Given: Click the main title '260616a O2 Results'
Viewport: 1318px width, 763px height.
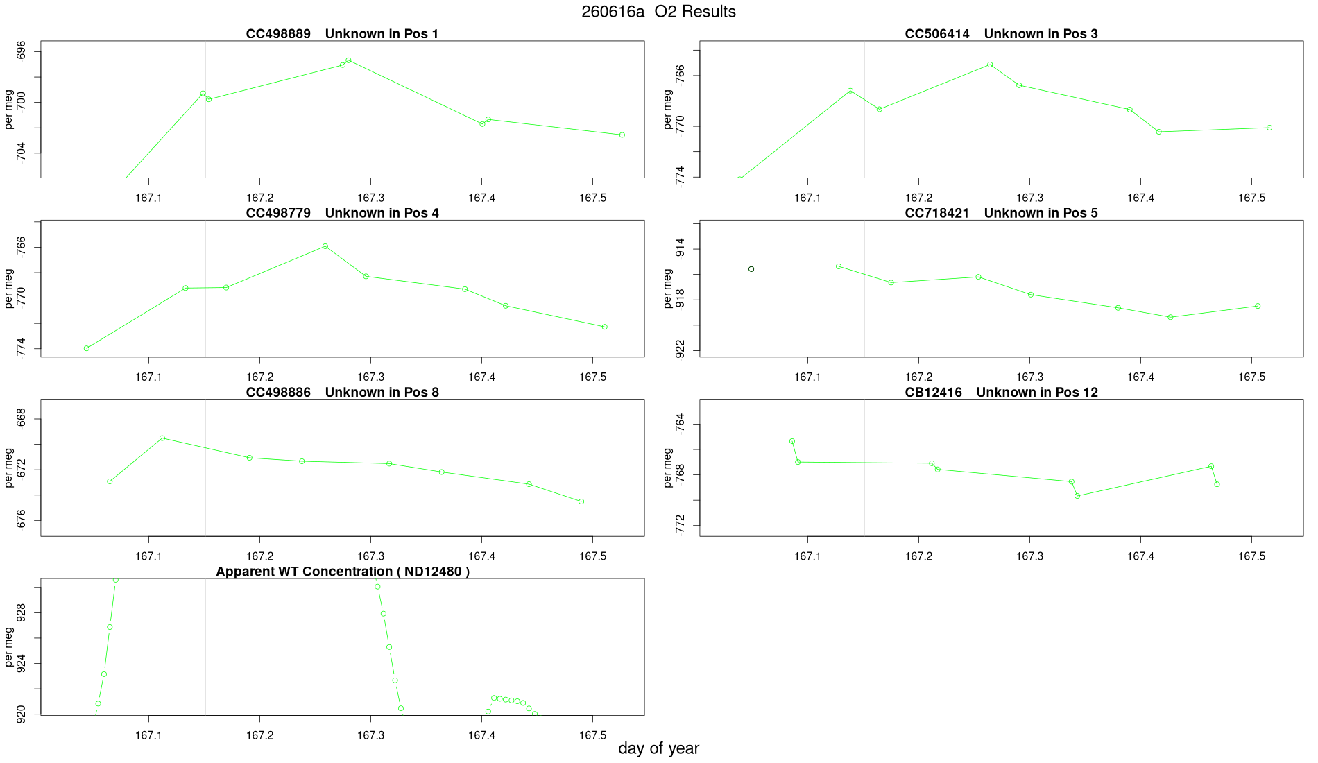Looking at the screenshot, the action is coord(658,12).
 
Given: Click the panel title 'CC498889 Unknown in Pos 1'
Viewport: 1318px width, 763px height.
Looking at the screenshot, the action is coord(342,34).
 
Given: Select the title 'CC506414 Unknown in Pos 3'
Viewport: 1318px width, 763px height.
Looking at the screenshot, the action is coord(1001,34).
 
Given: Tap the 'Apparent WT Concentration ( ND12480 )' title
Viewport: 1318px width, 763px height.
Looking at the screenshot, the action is coord(343,572).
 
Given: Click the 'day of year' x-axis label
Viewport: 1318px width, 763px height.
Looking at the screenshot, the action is coord(658,748).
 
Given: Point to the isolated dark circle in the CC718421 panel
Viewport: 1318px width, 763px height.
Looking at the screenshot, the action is coord(751,269).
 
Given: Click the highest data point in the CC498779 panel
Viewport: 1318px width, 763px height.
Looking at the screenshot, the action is coord(325,246).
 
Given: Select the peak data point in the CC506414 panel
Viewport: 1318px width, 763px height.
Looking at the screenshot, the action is coord(990,65).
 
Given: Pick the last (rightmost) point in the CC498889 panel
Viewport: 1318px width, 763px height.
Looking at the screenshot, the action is coord(622,135).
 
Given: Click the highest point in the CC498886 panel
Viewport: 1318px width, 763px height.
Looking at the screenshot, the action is coord(162,438).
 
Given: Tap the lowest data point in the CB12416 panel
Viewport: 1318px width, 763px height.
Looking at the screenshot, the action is coord(1077,496).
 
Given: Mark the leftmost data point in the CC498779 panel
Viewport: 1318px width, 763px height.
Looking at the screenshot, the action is coord(87,348).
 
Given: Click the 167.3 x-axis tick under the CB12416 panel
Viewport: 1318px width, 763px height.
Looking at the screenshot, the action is coord(1029,556).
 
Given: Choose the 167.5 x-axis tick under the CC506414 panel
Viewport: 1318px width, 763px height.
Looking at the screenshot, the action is coord(1251,198).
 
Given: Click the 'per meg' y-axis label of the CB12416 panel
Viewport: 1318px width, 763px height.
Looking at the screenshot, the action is coord(668,468).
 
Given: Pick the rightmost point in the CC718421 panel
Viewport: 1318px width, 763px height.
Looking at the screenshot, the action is coord(1258,307).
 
